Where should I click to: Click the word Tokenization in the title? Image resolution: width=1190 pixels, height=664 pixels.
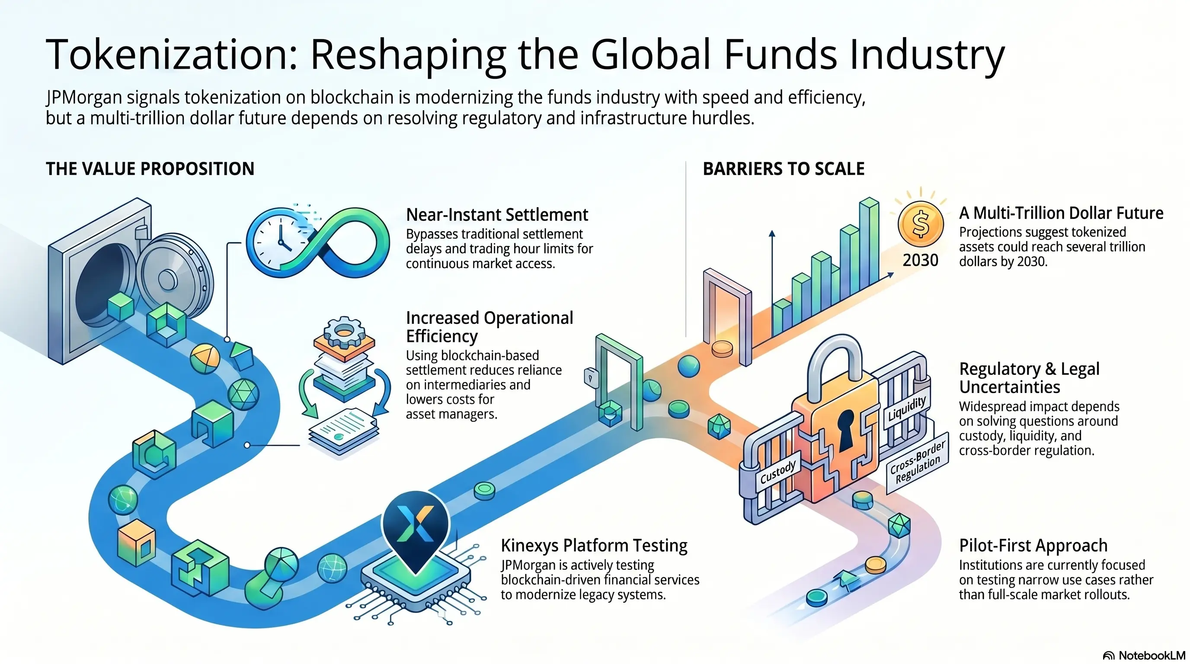(171, 54)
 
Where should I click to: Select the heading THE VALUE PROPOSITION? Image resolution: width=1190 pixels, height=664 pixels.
(150, 169)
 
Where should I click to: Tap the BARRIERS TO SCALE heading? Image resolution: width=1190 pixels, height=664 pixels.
(784, 169)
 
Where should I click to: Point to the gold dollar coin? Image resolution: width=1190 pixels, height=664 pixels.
(920, 224)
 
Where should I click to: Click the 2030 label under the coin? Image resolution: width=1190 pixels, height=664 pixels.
(920, 260)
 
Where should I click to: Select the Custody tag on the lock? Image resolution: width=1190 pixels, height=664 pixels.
(778, 472)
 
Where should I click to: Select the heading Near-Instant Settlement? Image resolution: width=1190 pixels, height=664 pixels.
(496, 215)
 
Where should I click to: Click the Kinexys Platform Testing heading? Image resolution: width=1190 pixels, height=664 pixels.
(594, 546)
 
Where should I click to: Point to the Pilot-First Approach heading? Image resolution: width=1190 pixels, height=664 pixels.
(1033, 546)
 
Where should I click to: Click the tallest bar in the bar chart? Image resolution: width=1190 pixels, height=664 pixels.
(870, 243)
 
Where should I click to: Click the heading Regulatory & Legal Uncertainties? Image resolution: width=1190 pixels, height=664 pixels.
(1029, 378)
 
